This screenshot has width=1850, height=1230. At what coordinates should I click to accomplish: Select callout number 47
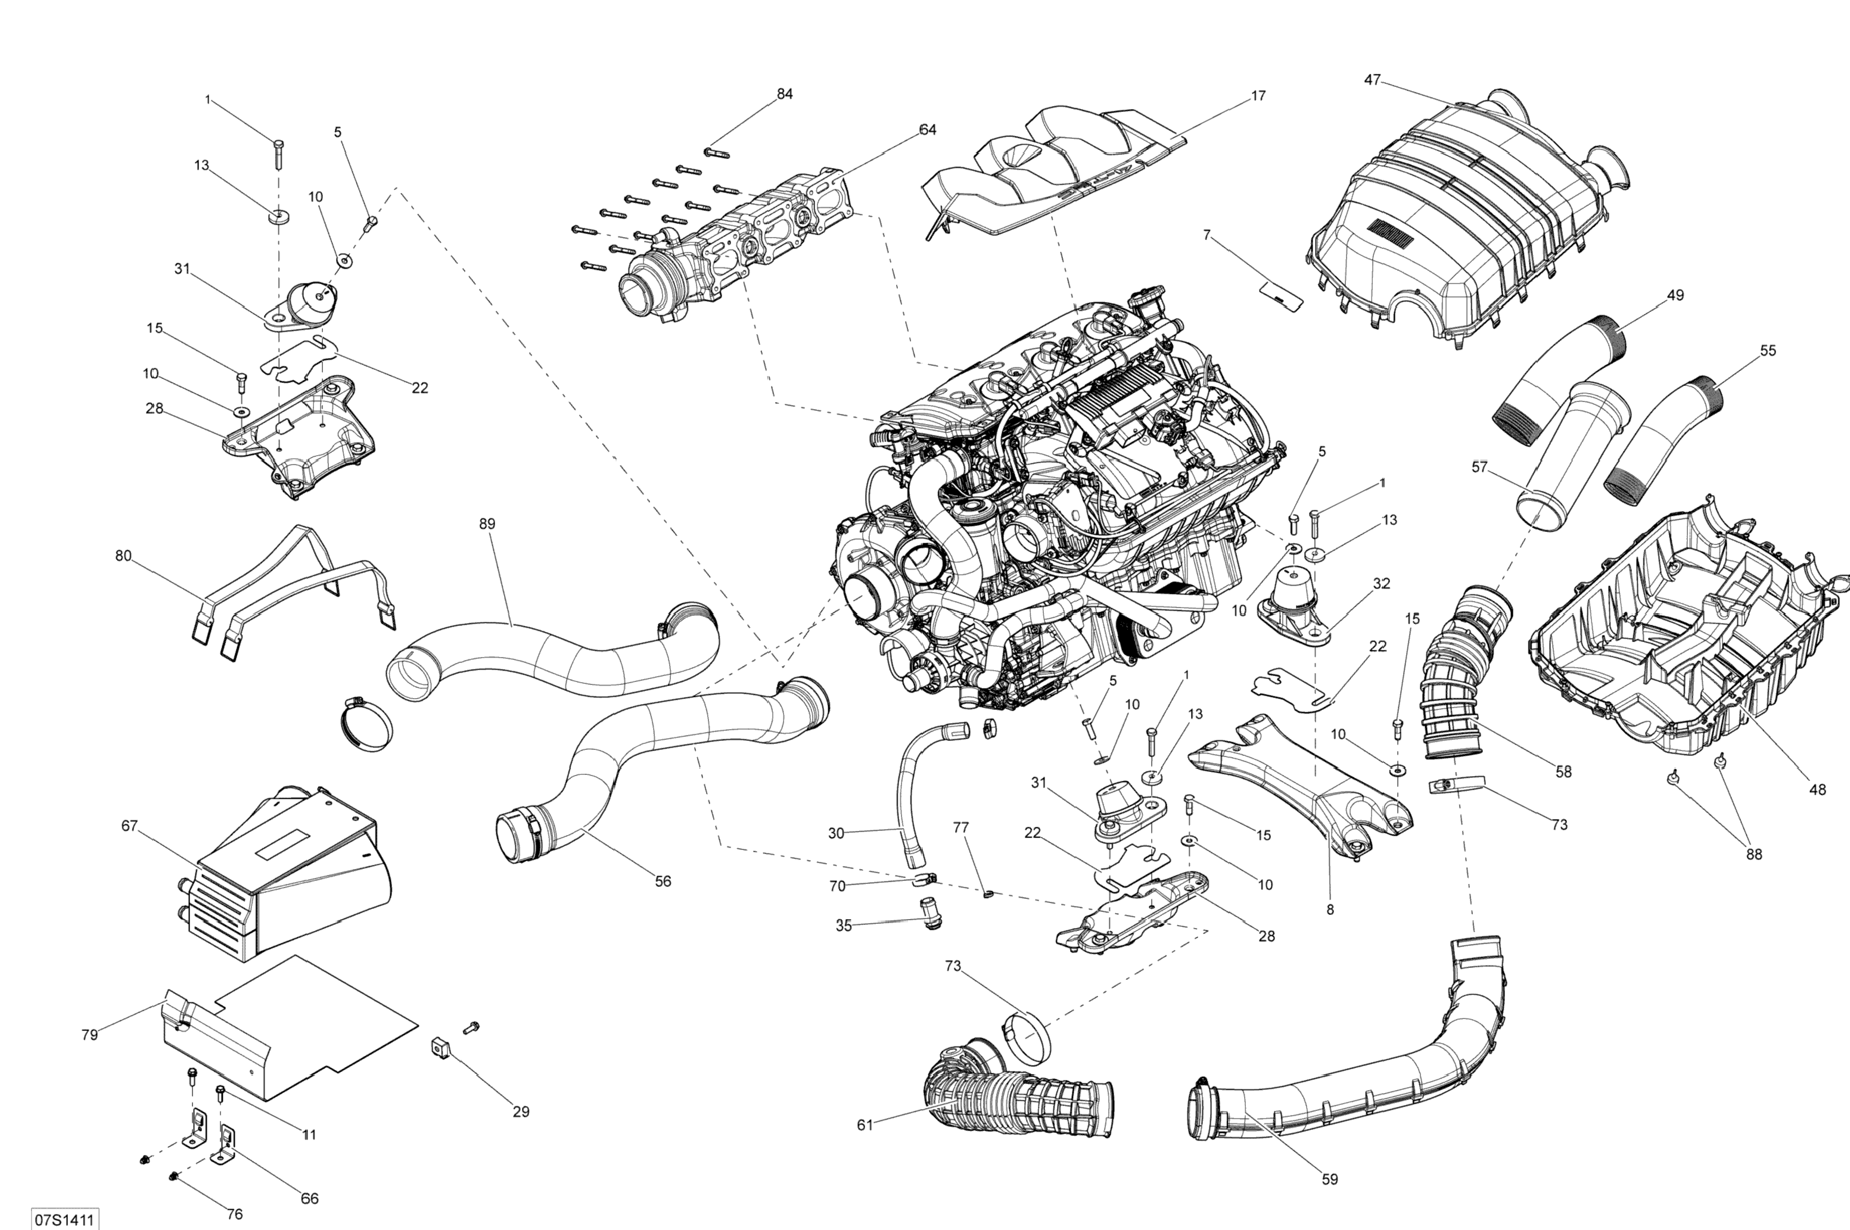pyautogui.click(x=1372, y=80)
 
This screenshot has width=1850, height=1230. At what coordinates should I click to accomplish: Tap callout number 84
pyautogui.click(x=785, y=94)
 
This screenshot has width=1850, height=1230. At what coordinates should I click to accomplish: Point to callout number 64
pyautogui.click(x=927, y=129)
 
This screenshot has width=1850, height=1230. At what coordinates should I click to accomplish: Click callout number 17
pyautogui.click(x=1258, y=96)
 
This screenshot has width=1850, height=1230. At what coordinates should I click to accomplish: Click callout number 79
pyautogui.click(x=89, y=1035)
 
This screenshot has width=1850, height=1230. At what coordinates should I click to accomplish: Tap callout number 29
pyautogui.click(x=521, y=1111)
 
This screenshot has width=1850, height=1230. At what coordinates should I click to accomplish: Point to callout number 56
pyautogui.click(x=663, y=882)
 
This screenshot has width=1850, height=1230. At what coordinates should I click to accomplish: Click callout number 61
pyautogui.click(x=865, y=1125)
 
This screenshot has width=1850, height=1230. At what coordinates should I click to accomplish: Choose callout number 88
pyautogui.click(x=1753, y=854)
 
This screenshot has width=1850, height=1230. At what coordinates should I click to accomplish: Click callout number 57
pyautogui.click(x=1479, y=468)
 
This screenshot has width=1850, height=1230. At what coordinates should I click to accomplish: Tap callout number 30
pyautogui.click(x=837, y=833)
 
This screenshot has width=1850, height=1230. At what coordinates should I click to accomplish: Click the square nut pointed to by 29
pyautogui.click(x=440, y=1047)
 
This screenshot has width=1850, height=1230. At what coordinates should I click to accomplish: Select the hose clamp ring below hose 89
pyautogui.click(x=366, y=720)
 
